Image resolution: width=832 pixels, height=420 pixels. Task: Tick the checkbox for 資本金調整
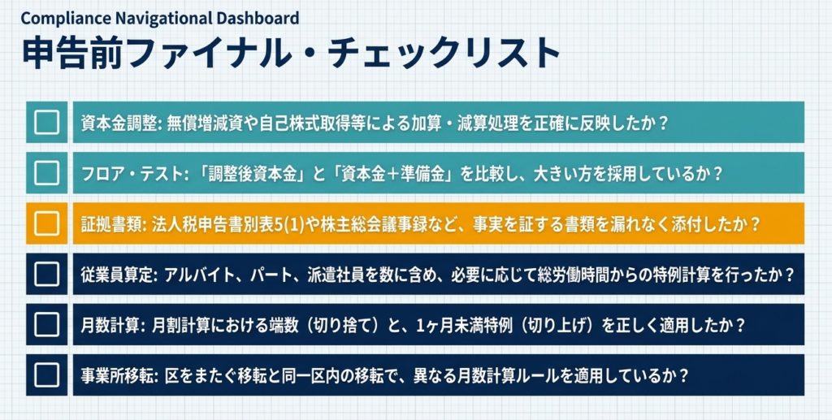pyautogui.click(x=46, y=122)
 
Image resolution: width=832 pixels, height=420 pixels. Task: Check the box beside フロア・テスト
pyautogui.click(x=46, y=173)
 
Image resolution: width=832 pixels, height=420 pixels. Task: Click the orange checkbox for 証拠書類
pyautogui.click(x=46, y=223)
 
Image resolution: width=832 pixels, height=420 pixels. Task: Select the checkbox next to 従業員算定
pyautogui.click(x=46, y=274)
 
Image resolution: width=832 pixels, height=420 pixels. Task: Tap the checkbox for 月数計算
pyautogui.click(x=46, y=325)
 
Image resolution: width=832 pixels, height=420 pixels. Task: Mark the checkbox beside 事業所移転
pyautogui.click(x=46, y=375)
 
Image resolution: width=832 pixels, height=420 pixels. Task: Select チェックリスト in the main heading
pyautogui.click(x=444, y=54)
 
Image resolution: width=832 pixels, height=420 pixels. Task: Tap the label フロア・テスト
pyautogui.click(x=132, y=173)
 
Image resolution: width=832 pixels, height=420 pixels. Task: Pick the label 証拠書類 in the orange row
pyautogui.click(x=111, y=223)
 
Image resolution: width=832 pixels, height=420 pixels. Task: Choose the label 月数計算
pyautogui.click(x=111, y=325)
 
